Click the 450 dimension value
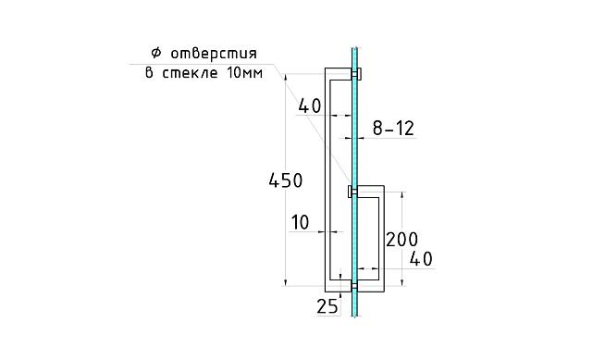point(285,181)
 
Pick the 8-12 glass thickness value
point(393,130)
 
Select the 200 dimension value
point(402,240)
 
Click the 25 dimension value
point(327,306)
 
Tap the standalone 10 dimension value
point(301,222)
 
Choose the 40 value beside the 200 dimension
point(421,259)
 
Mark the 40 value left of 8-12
point(310,107)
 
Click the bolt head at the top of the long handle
point(359,72)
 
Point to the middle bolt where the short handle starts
point(351,192)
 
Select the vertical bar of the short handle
point(381,236)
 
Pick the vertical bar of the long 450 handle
point(326,176)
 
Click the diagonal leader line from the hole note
point(315,130)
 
